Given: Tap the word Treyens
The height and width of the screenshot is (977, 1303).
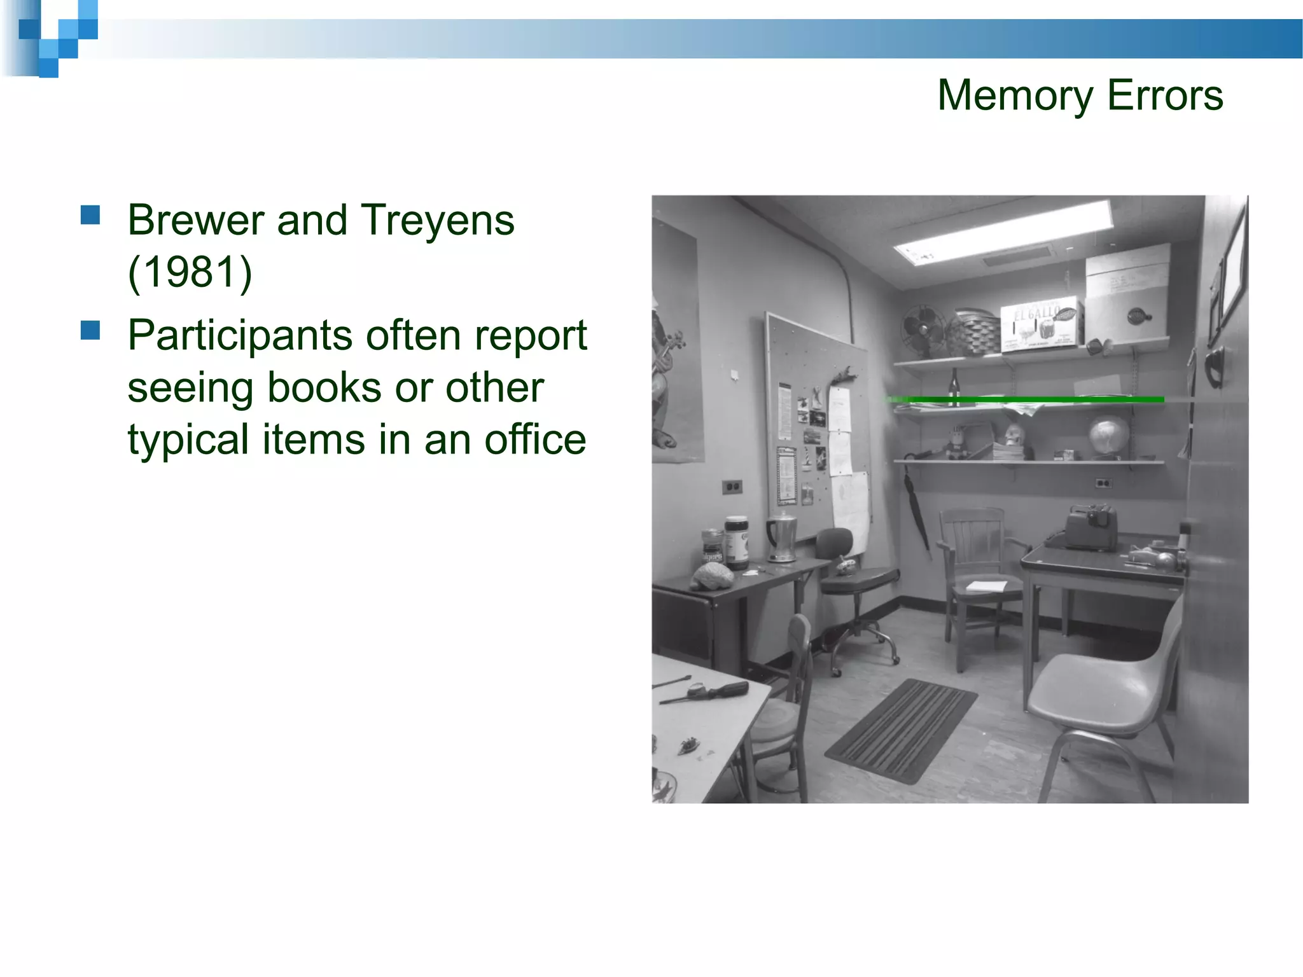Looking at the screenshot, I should [x=438, y=221].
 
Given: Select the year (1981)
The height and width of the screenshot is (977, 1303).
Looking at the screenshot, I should [x=190, y=272].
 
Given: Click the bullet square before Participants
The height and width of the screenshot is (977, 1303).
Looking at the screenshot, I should [x=91, y=331].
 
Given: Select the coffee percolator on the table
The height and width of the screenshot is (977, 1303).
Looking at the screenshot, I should [x=782, y=537].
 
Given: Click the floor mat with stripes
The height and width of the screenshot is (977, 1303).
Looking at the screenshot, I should [x=900, y=730].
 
